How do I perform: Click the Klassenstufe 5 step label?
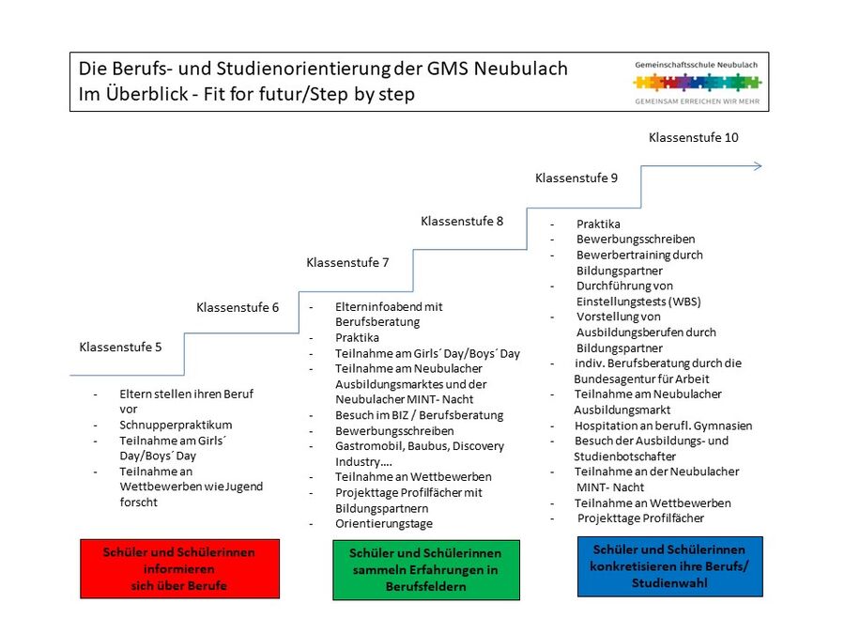pyautogui.click(x=120, y=347)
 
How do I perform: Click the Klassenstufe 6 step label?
pyautogui.click(x=238, y=307)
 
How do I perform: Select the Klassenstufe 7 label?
pyautogui.click(x=347, y=262)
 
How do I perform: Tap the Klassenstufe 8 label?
pyautogui.click(x=462, y=221)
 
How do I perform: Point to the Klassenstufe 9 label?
pyautogui.click(x=576, y=178)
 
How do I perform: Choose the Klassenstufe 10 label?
pyautogui.click(x=693, y=137)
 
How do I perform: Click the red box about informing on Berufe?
pyautogui.click(x=179, y=568)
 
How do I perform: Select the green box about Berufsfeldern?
pyautogui.click(x=425, y=570)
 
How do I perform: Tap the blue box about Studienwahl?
pyautogui.click(x=669, y=566)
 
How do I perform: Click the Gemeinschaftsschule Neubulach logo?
pyautogui.click(x=697, y=80)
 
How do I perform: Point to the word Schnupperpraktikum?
pyautogui.click(x=176, y=425)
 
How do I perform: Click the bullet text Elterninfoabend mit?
pyautogui.click(x=389, y=306)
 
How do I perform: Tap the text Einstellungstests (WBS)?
pyautogui.click(x=638, y=302)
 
